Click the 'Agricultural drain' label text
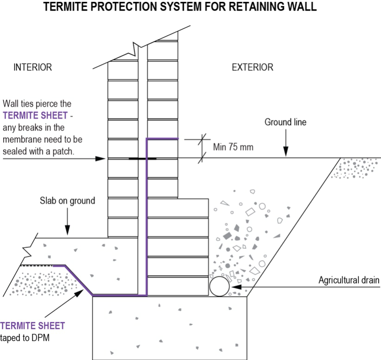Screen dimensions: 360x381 (349, 280)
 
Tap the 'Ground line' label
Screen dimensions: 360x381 (285, 122)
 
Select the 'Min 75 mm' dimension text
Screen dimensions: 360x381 (234, 147)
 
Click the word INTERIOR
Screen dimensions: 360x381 (32, 67)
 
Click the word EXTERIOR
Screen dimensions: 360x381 (252, 67)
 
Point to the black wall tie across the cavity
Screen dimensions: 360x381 (142, 158)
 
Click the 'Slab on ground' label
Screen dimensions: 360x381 (67, 201)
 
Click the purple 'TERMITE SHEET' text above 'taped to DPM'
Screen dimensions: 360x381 (32, 326)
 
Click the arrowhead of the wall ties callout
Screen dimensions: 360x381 (103, 158)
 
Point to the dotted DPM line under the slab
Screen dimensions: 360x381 (37, 266)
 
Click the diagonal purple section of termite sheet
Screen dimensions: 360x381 (79, 280)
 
